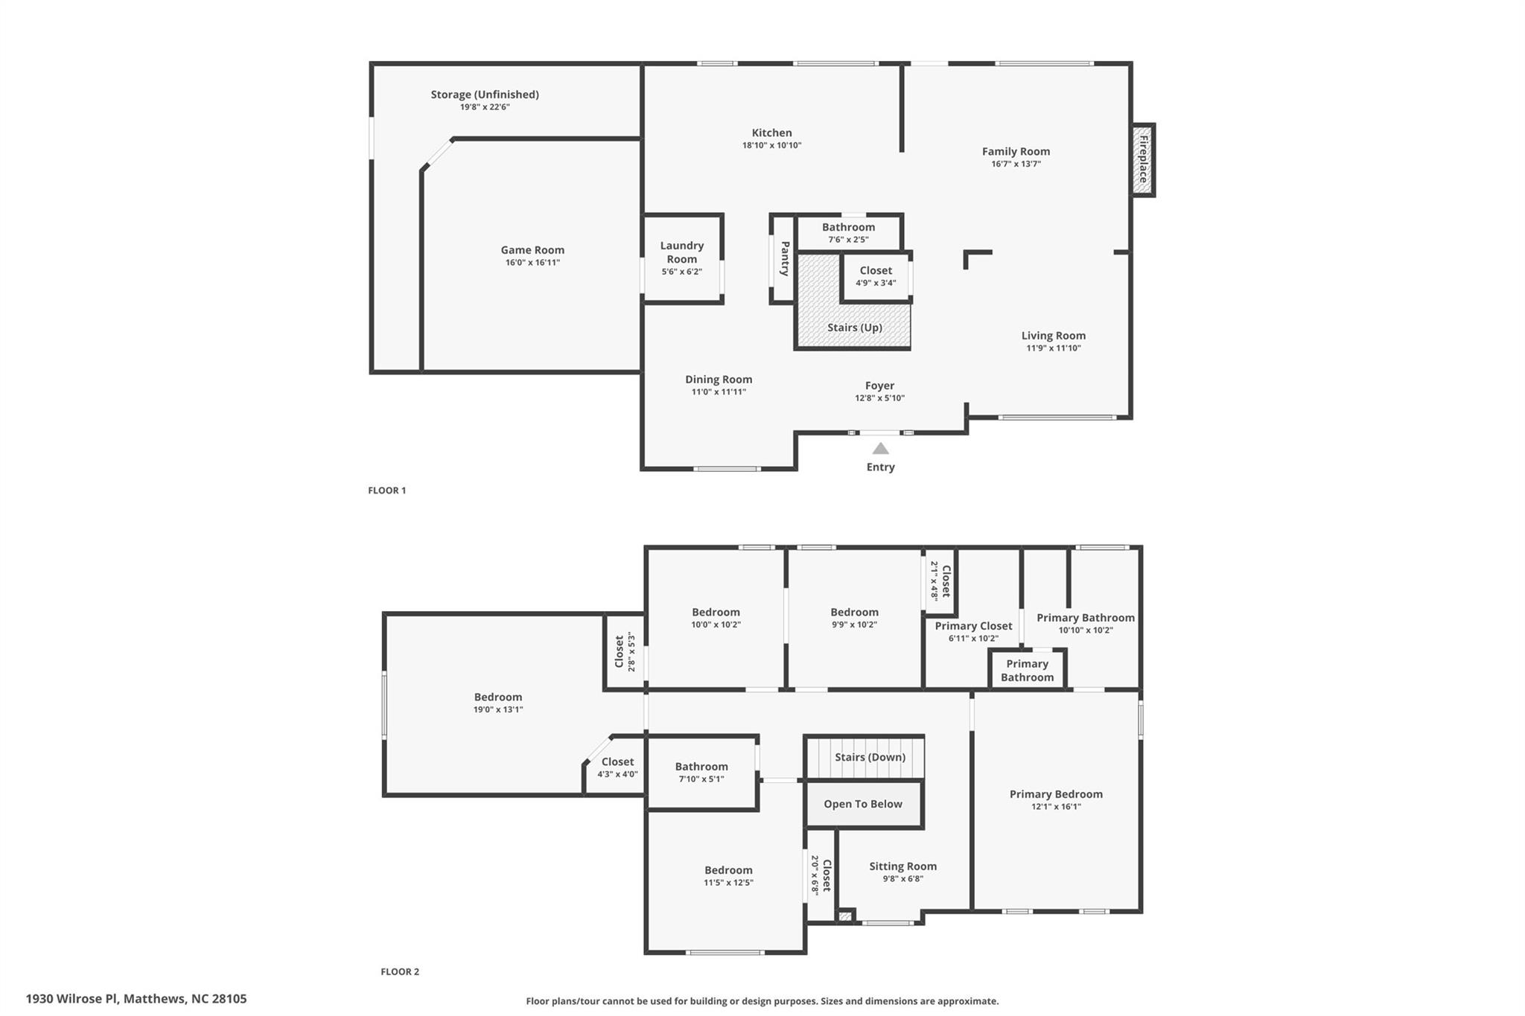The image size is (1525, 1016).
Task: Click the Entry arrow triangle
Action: point(880,448)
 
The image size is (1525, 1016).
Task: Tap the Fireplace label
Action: point(1143,159)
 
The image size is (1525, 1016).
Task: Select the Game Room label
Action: point(532,250)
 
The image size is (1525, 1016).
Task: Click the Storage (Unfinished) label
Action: point(485,95)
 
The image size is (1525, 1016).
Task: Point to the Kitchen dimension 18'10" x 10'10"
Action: point(771,146)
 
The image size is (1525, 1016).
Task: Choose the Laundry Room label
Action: point(682,252)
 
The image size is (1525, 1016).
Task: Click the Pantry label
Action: point(785,258)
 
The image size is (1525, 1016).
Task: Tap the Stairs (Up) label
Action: point(855,328)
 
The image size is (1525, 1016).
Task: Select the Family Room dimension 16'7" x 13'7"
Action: point(1016,164)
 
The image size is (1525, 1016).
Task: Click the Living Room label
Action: point(1054,336)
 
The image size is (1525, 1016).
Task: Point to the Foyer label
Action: point(879,386)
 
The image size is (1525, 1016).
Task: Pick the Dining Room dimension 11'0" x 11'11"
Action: point(719,392)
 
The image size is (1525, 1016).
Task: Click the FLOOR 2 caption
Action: point(400,971)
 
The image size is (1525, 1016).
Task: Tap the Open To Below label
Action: point(863,804)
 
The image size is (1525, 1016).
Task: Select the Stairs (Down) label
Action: point(870,757)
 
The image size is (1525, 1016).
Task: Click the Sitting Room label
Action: point(902,866)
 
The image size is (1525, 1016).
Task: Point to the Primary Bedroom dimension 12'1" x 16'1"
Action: point(1056,807)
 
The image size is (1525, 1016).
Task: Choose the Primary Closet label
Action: point(973,626)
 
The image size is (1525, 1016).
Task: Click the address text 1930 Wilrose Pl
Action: point(71,999)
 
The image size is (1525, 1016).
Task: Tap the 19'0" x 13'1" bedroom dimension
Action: point(498,710)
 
